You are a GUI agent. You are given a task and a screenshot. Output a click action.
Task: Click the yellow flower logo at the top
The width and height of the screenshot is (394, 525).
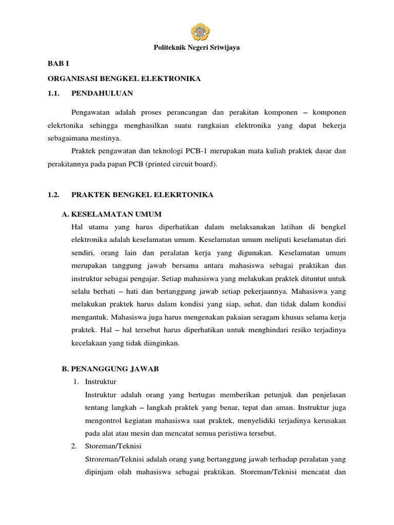197,30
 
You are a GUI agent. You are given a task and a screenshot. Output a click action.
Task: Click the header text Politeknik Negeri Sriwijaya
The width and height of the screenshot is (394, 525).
197,48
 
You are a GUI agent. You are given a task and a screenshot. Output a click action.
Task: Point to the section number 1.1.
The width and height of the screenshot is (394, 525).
54,93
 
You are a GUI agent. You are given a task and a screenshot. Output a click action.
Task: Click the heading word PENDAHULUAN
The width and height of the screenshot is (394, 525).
103,93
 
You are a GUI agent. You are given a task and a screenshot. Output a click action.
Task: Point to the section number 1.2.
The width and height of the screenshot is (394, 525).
54,195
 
